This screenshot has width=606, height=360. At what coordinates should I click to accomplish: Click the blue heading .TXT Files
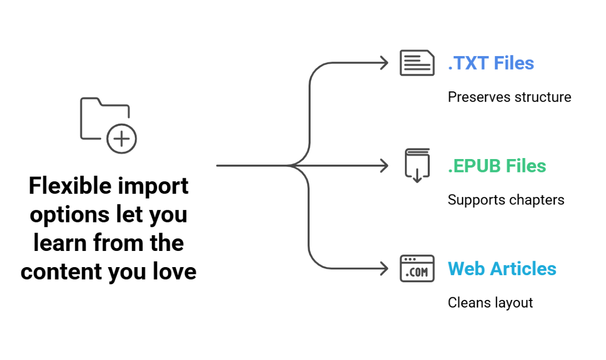[491, 64]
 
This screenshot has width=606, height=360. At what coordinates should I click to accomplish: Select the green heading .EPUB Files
[497, 166]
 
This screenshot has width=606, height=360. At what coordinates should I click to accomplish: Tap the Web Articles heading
[502, 269]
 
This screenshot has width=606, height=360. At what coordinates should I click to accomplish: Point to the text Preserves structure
[509, 97]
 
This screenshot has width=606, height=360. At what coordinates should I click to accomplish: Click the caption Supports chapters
[506, 200]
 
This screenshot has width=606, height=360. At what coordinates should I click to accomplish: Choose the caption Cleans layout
[490, 302]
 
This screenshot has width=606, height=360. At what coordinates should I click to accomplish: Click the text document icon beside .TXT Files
[417, 64]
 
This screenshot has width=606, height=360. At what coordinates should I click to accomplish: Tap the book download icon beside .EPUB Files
[417, 166]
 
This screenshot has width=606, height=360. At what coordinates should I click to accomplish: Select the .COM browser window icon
[417, 268]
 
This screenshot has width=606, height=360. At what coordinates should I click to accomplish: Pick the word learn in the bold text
[60, 243]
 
